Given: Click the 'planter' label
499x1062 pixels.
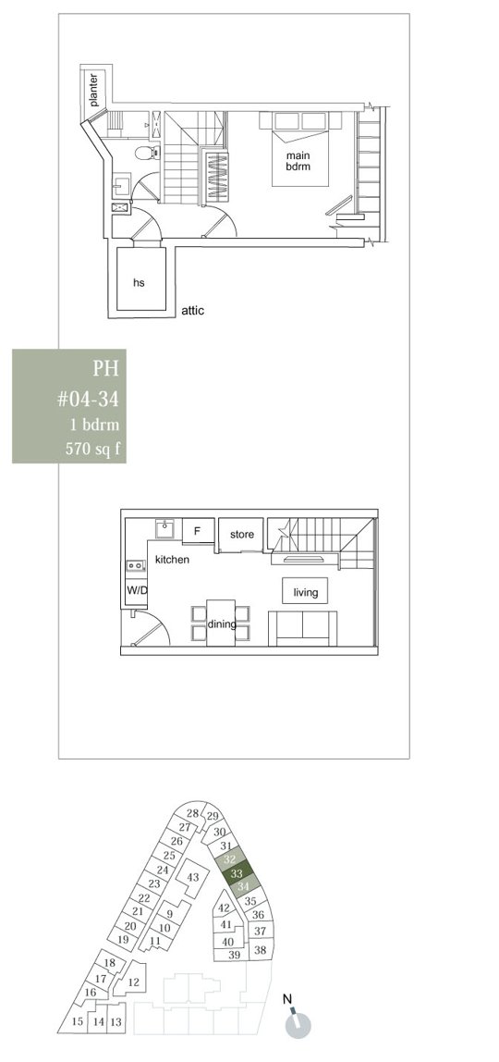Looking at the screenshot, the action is point(93,90).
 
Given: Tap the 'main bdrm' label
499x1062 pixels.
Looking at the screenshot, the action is point(298,161).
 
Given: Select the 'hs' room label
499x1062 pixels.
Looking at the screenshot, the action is point(139,282).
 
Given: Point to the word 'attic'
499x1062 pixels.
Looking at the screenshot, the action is point(193,311).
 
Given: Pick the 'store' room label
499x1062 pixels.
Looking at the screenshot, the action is point(242,535).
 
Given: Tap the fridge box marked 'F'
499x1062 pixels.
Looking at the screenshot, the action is point(198,531).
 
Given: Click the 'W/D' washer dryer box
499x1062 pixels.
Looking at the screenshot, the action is point(137,589).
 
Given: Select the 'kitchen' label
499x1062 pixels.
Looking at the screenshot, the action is point(173,560).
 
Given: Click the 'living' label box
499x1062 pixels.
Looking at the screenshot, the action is point(305,592).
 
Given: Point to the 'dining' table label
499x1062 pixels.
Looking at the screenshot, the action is point(221,624).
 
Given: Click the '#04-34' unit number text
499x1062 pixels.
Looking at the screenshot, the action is point(88,399).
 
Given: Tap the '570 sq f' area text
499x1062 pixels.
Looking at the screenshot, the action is point(93,449).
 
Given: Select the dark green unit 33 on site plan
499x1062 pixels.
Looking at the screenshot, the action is point(237,873).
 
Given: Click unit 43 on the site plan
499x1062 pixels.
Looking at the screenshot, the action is point(193,877).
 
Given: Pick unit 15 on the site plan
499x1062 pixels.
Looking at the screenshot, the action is point(77,1020).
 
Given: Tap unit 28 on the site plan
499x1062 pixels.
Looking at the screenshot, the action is point(193,813).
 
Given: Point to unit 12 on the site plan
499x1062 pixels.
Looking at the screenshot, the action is point(133,982).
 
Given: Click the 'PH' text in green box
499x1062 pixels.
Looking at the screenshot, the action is point(105,368).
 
